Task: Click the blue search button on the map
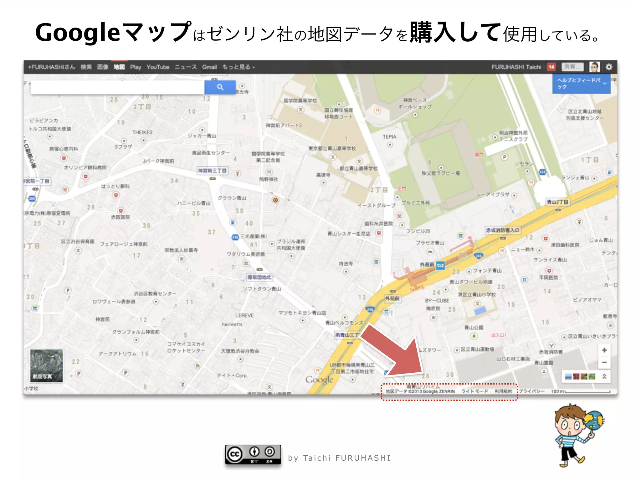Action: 220,87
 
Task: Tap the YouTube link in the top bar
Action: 158,67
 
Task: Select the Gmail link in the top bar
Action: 209,67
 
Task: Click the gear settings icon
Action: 609,67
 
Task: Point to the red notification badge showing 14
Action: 551,67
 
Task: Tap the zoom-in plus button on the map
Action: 604,350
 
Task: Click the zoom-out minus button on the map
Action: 604,362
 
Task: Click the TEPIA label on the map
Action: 389,137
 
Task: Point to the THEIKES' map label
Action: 142,132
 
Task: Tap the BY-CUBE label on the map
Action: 437,301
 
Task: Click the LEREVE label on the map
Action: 244,315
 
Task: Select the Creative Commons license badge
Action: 253,454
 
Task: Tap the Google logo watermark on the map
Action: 319,380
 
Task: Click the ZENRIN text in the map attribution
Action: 447,391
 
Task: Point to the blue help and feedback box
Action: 581,84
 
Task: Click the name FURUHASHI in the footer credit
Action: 363,458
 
